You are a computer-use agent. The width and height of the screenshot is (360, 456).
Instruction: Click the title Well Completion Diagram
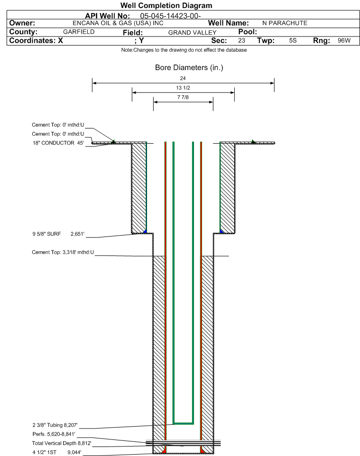(166, 6)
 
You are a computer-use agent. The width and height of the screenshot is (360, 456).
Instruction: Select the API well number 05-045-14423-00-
(171, 16)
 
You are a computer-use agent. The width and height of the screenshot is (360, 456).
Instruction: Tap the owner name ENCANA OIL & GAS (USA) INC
(118, 23)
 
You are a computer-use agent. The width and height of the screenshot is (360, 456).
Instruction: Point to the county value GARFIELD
(79, 32)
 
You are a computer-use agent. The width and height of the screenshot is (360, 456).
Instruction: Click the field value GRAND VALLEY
(193, 33)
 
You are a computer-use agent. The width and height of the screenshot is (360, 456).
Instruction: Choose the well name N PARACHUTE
(285, 23)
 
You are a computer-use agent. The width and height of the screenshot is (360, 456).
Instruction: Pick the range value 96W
(344, 40)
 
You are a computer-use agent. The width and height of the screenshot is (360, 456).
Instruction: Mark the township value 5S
(293, 40)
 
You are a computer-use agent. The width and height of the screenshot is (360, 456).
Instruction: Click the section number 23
(241, 40)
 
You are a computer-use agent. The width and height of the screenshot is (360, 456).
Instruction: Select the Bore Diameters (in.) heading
(189, 68)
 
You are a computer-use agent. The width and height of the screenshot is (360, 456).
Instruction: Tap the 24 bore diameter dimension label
(183, 78)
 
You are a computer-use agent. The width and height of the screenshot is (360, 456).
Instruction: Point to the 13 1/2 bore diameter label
(183, 88)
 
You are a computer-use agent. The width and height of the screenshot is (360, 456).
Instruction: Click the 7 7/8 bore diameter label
(183, 97)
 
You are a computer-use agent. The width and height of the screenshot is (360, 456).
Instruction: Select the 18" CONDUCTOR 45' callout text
(58, 143)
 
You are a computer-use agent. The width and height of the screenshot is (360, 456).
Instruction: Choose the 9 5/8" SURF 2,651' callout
(58, 234)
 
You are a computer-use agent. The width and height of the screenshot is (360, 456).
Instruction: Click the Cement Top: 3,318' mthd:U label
(63, 252)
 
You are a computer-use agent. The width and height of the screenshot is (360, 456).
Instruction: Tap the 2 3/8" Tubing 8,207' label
(55, 425)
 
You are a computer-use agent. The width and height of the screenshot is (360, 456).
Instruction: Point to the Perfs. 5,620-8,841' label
(54, 434)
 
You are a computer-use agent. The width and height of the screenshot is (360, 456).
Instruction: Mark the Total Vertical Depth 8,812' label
(62, 443)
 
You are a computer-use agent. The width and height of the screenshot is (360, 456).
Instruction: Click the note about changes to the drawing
(184, 50)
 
